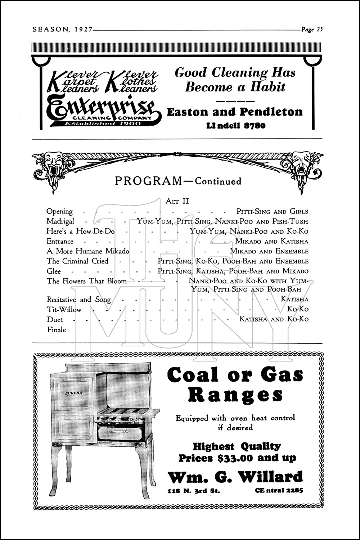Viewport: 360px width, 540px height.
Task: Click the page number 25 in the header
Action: click(319, 30)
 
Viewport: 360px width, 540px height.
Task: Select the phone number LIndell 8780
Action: click(236, 126)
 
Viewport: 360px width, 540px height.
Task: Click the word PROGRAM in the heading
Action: click(149, 181)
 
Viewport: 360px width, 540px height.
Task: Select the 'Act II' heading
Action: click(177, 201)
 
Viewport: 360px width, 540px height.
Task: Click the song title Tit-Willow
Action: click(64, 310)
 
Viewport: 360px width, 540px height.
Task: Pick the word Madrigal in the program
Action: click(60, 221)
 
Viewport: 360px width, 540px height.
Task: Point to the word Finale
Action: click(57, 329)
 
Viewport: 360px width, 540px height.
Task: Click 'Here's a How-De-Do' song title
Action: click(80, 231)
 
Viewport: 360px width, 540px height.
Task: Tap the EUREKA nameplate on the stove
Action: click(74, 393)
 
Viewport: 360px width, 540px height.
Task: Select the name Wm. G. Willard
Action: click(235, 477)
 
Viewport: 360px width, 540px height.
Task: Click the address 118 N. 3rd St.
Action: click(194, 491)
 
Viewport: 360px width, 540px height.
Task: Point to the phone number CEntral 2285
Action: click(279, 490)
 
